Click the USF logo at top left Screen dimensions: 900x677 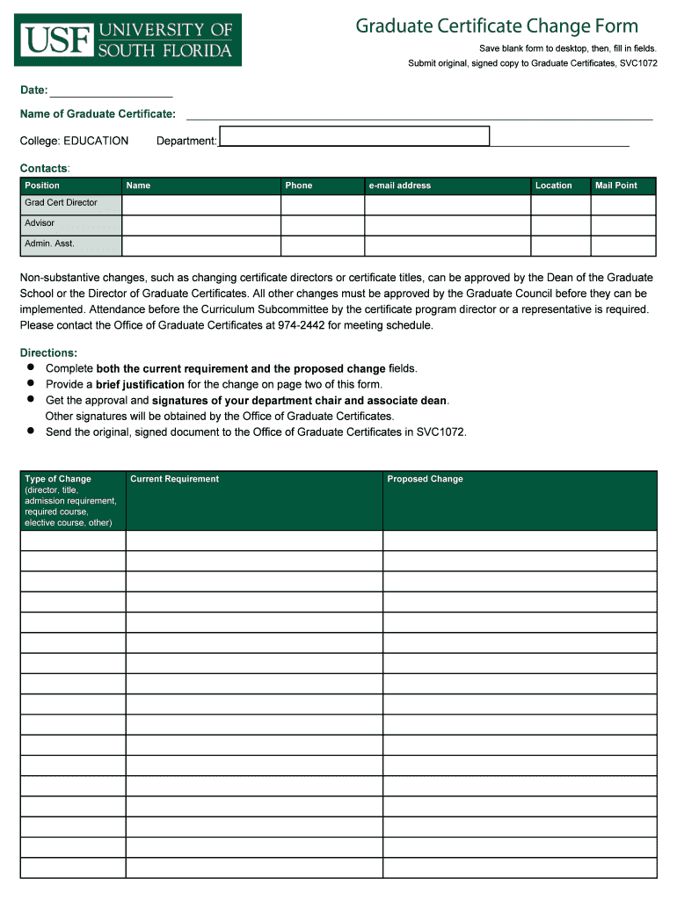tap(127, 40)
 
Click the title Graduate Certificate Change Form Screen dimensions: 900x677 tap(497, 26)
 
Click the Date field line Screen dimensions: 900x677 tap(112, 90)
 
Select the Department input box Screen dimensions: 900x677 tap(354, 136)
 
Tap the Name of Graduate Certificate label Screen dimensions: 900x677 tap(98, 113)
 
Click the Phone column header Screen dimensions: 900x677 tap(299, 185)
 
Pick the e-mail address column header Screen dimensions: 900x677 tap(400, 185)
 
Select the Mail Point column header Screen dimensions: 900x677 tap(616, 185)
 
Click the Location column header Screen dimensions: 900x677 tap(554, 185)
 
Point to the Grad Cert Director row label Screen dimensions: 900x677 tap(62, 203)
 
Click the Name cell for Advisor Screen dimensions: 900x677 tap(200, 226)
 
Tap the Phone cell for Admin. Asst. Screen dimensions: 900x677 tap(322, 246)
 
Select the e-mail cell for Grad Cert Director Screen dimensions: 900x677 tap(447, 205)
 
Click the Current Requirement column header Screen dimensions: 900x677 tap(174, 479)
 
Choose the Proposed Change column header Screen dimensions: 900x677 tap(425, 479)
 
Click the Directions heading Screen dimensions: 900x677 tap(48, 352)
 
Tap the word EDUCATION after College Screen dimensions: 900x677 tap(96, 141)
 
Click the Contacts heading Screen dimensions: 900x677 tap(44, 168)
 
